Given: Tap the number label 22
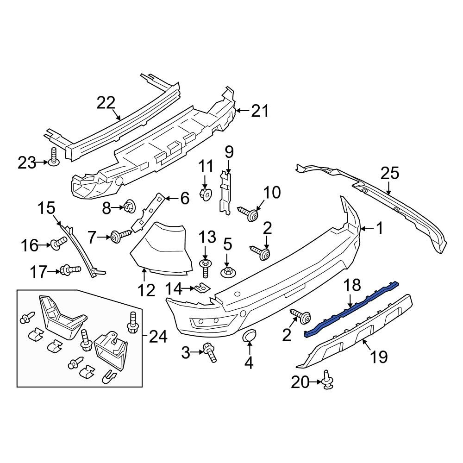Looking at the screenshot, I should point(106,103).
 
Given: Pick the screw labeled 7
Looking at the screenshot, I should point(121,237).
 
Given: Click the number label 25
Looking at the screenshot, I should point(389,175).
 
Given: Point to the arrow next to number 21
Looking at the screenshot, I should point(241,111).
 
